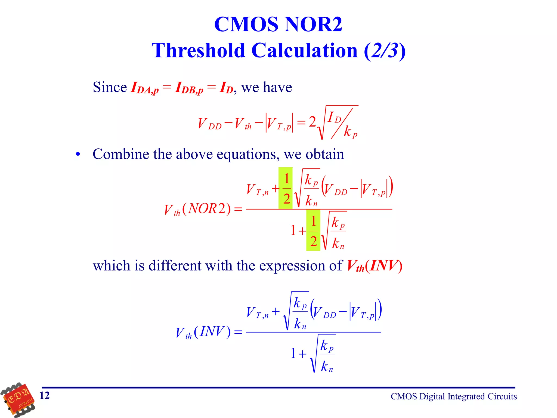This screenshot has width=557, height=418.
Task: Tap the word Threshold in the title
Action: (x=199, y=51)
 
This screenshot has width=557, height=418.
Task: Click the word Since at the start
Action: (x=110, y=87)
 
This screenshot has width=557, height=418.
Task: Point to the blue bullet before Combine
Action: (x=78, y=154)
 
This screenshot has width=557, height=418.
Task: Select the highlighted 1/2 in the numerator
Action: (x=286, y=188)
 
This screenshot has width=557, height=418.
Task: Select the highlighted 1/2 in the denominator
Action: (x=313, y=230)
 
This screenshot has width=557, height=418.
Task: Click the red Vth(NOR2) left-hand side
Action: (x=197, y=209)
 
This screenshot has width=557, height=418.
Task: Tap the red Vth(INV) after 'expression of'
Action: (x=374, y=266)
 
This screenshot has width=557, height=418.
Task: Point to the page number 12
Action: (x=45, y=395)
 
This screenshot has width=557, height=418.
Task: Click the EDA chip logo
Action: (x=18, y=399)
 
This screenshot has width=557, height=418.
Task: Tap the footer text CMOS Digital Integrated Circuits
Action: (x=454, y=397)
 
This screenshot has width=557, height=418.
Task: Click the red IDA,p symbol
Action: (x=144, y=88)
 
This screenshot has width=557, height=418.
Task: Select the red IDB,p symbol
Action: (x=189, y=88)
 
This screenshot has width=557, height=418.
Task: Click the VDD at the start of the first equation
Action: (x=209, y=124)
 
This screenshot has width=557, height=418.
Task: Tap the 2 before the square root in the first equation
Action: (x=312, y=122)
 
